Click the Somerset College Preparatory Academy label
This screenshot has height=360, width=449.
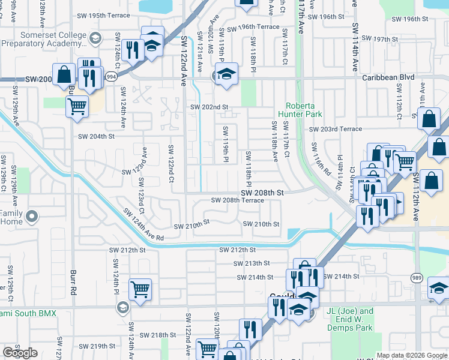pos(44,39)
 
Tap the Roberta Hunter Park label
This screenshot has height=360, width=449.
pos(304,110)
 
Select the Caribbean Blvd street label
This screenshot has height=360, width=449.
pos(388,78)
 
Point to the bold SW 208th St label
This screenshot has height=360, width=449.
pos(262,193)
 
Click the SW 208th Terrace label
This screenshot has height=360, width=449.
pos(237,200)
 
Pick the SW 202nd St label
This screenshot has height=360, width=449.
pos(209,107)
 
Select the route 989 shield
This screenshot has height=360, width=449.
pos(416,277)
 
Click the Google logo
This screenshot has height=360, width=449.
pos(20,352)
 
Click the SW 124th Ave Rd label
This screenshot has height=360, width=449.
pos(143,225)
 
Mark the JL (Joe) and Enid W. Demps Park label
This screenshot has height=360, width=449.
pos(349,320)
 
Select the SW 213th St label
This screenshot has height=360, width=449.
pos(252,263)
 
